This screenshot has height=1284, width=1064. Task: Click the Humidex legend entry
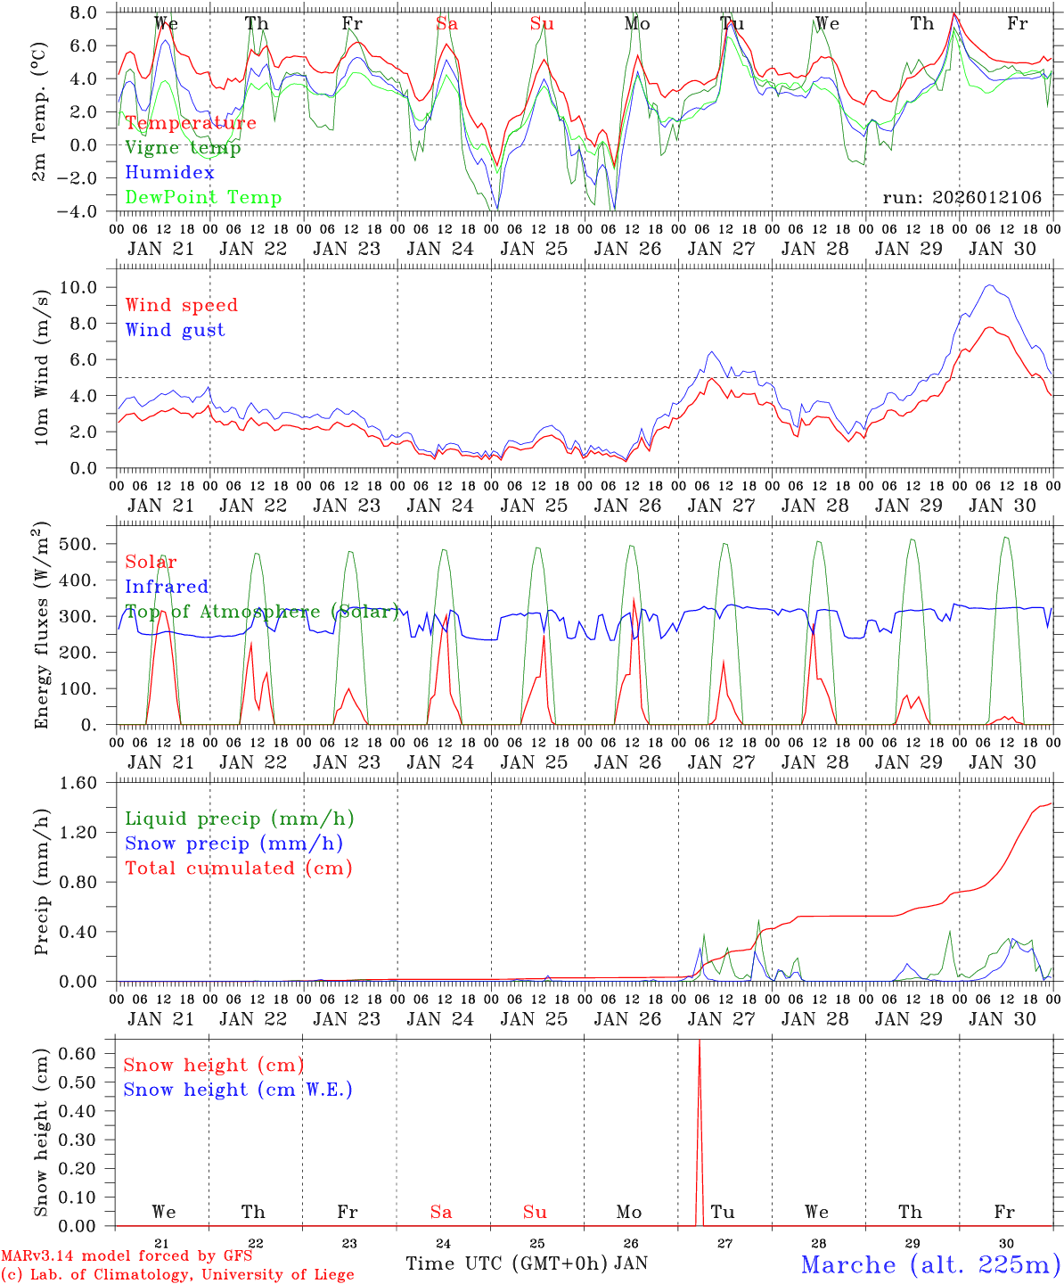click(x=169, y=173)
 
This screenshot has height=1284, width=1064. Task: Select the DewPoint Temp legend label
click(x=203, y=198)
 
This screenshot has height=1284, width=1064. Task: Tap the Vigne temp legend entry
click(x=183, y=148)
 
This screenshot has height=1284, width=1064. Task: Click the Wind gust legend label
click(x=175, y=330)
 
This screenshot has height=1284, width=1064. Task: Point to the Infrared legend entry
click(x=167, y=587)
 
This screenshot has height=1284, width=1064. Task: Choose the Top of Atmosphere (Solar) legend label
click(x=262, y=612)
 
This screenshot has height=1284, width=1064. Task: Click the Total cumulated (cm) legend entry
click(x=238, y=868)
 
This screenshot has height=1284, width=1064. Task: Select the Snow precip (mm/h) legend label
click(x=233, y=844)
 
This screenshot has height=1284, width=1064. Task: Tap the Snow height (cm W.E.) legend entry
click(x=238, y=1090)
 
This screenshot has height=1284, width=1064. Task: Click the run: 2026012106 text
click(x=962, y=198)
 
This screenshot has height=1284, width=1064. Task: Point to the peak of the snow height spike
click(x=699, y=1041)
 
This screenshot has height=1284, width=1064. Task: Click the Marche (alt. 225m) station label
click(x=930, y=1264)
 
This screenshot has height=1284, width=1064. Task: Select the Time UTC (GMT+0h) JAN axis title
click(x=527, y=1263)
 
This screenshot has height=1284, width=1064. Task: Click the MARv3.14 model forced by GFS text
click(x=127, y=1256)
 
